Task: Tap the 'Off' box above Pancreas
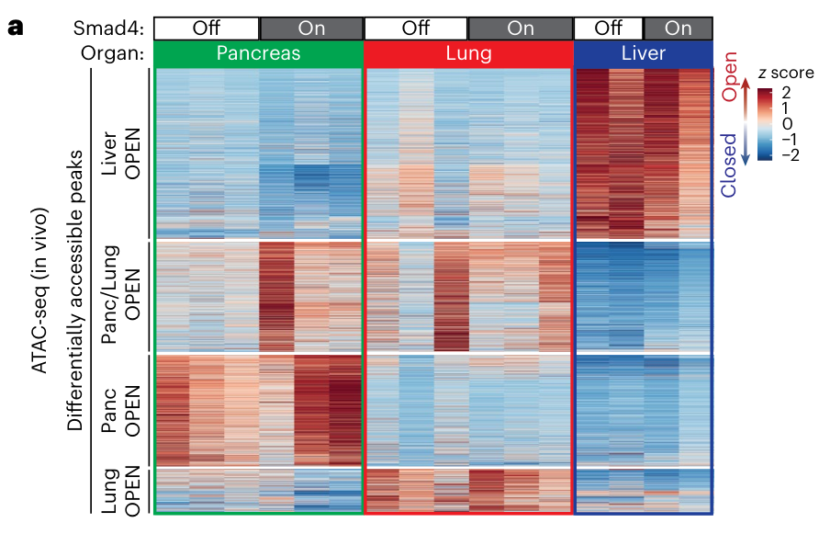(x=206, y=28)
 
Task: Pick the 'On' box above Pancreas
(x=311, y=28)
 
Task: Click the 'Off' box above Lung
(x=416, y=28)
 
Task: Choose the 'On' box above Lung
(x=521, y=28)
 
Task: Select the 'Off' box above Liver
(x=608, y=28)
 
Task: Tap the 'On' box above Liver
(x=678, y=28)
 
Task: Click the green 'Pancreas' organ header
(x=258, y=54)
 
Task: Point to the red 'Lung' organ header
(x=468, y=54)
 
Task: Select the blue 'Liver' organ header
(x=643, y=54)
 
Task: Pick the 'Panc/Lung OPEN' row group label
(x=125, y=295)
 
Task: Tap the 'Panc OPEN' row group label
(x=125, y=409)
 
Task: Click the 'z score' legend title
(x=778, y=74)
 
